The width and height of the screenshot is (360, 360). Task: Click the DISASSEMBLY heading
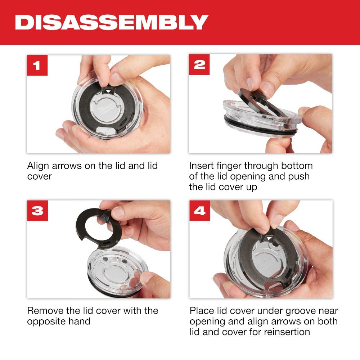111,22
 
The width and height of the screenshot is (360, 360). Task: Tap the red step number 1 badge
37,65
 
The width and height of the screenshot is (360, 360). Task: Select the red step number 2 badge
199,64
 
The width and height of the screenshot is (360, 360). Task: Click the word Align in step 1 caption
38,166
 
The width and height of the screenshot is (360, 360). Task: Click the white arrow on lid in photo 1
108,92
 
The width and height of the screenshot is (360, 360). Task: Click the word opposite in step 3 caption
46,321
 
